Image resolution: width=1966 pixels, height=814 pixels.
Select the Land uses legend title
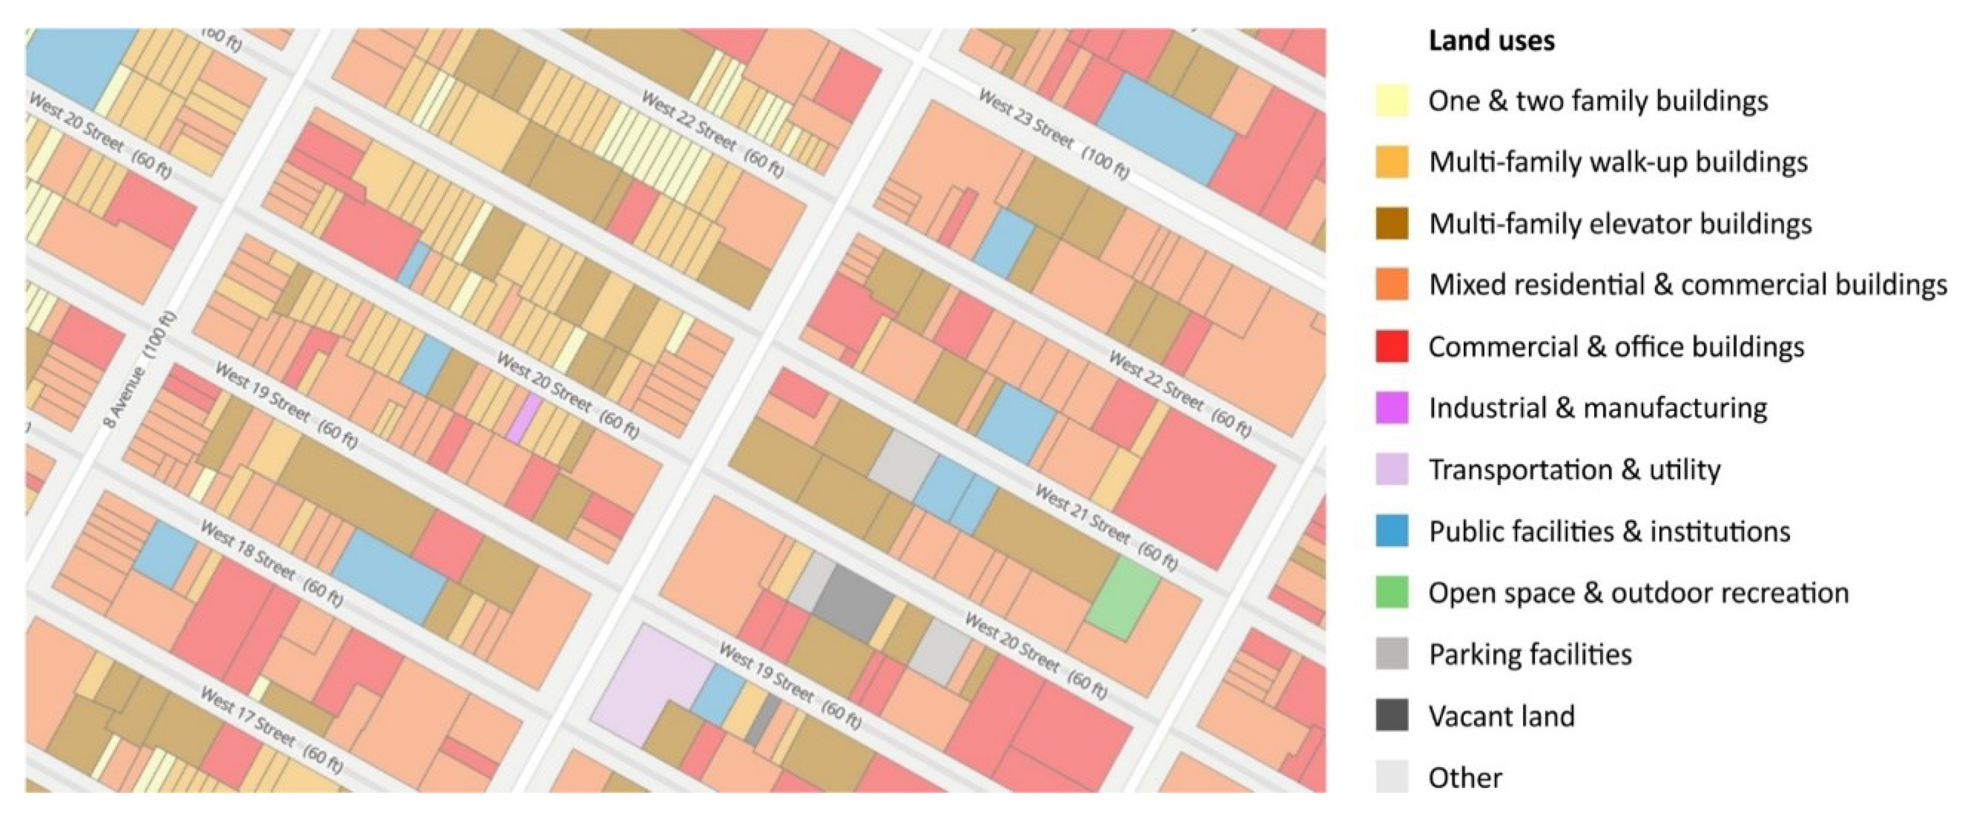pyautogui.click(x=1490, y=40)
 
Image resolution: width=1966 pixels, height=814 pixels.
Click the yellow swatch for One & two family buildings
pyautogui.click(x=1391, y=101)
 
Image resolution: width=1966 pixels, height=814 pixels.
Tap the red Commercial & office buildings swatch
pyautogui.click(x=1391, y=347)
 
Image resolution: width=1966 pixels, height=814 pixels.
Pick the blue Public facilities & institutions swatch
pyautogui.click(x=1391, y=531)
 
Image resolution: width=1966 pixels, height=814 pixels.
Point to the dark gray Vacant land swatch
pyautogui.click(x=1391, y=716)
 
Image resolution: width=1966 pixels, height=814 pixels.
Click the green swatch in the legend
pyautogui.click(x=1391, y=593)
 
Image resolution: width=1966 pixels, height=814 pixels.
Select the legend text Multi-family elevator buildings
pyautogui.click(x=1620, y=223)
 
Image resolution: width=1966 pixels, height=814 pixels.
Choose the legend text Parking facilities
pyautogui.click(x=1530, y=654)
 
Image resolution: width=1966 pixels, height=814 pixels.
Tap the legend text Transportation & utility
pyautogui.click(x=1574, y=470)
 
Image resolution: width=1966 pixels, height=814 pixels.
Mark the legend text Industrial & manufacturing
pyautogui.click(x=1597, y=408)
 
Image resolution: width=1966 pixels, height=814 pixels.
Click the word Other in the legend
pyautogui.click(x=1464, y=778)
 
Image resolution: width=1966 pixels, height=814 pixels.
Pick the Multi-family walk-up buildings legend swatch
pyautogui.click(x=1391, y=163)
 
